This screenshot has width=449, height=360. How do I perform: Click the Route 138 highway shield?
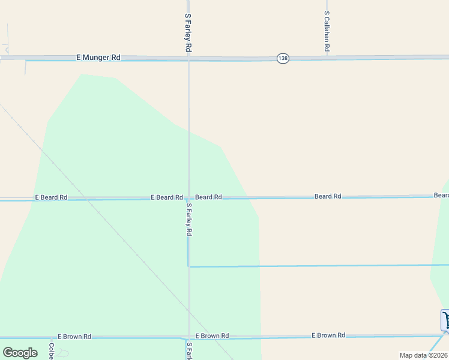point(283,58)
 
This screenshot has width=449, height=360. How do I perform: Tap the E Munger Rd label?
point(98,58)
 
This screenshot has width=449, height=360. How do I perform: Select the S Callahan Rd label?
point(327,31)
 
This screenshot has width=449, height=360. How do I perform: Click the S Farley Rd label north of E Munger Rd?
point(188,32)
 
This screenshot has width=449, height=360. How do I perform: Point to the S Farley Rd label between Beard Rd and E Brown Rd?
point(188,219)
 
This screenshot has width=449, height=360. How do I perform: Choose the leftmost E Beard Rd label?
point(51,197)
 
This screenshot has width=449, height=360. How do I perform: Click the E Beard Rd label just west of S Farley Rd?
point(166,197)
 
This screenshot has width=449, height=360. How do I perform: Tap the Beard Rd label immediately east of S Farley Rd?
point(208,197)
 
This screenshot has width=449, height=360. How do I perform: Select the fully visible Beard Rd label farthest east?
point(328,196)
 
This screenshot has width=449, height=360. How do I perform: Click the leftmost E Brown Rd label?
point(74,337)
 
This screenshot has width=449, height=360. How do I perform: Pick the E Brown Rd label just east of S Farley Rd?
point(212,336)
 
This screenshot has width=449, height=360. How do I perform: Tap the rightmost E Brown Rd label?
point(328,335)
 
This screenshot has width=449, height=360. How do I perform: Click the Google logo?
point(20,352)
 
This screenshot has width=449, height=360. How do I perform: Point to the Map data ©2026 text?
point(423,355)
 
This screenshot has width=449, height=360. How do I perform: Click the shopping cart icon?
point(445,320)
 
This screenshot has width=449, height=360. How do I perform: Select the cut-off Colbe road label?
point(52,350)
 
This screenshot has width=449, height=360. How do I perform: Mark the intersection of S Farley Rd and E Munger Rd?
point(188,58)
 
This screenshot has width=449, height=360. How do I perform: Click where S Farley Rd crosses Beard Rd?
point(188,197)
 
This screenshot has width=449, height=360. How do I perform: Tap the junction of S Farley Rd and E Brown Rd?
point(188,337)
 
